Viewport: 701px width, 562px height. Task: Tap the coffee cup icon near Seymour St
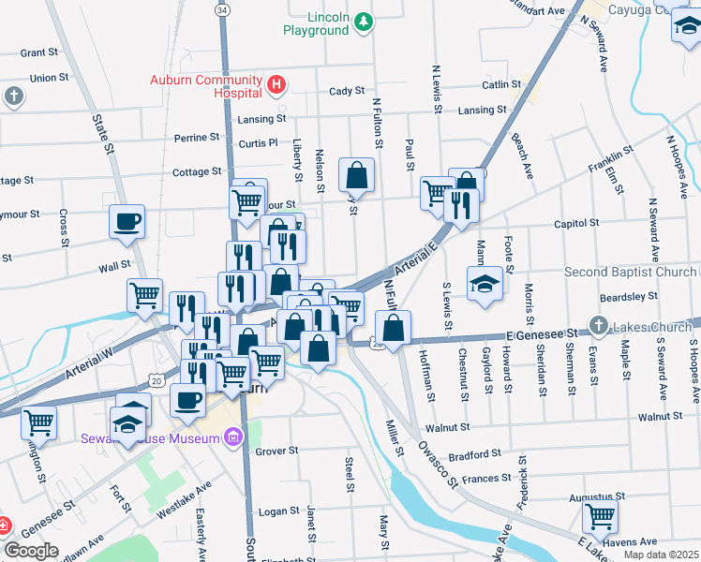(x=127, y=222)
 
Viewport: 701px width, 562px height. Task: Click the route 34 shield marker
(x=221, y=9)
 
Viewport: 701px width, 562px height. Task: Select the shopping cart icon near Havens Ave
(x=600, y=515)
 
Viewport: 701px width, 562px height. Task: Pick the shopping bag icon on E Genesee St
(x=393, y=328)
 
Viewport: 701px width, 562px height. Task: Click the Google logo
(x=31, y=551)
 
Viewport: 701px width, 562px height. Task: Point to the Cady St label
(x=346, y=91)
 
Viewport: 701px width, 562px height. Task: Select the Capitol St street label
(x=575, y=224)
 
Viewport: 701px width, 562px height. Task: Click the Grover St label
(x=276, y=451)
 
